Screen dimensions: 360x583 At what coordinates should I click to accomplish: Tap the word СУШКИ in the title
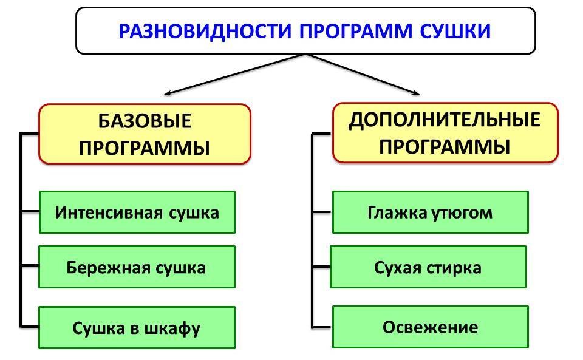pos(455,31)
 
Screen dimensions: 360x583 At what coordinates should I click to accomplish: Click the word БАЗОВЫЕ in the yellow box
pos(145,121)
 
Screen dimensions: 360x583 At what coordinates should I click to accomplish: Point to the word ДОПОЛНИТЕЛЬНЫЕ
pos(445,120)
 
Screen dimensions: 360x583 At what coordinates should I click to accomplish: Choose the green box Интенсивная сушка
pos(137,212)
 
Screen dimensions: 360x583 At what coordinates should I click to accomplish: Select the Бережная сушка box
pos(137,267)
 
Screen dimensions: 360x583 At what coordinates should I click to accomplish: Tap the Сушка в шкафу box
pos(137,328)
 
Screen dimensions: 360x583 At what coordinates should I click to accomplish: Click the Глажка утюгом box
pos(431,212)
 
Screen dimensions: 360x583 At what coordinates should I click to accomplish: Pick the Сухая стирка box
pos(428,267)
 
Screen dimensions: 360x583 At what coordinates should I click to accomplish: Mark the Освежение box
pos(431,328)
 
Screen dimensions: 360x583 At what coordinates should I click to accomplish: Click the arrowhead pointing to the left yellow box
pos(168,93)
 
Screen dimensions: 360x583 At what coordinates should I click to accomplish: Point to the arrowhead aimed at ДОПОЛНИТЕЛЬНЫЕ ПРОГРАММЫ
pos(417,93)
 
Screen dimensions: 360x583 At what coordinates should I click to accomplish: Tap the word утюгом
pos(462,212)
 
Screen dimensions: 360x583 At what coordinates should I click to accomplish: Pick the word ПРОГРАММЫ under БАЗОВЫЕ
pos(145,148)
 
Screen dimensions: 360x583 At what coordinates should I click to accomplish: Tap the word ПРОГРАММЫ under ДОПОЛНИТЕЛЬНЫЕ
pos(445,146)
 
